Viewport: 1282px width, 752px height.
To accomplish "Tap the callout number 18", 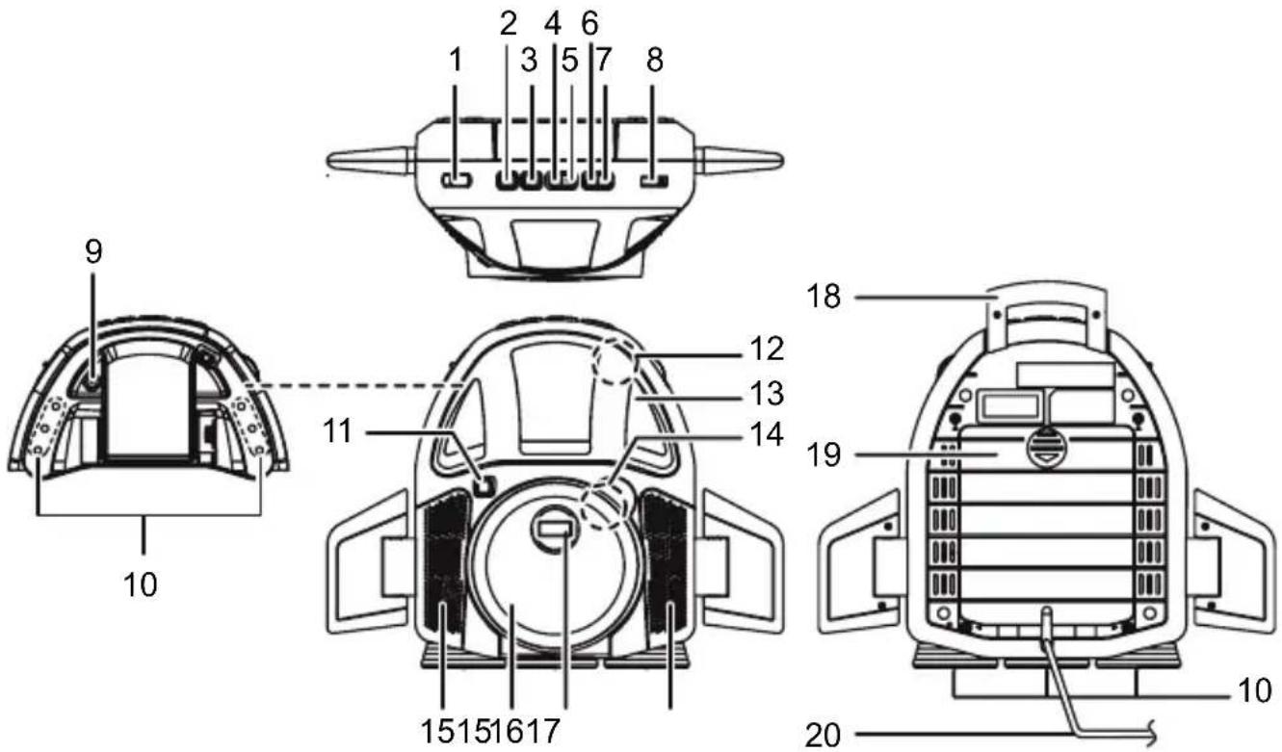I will pyautogui.click(x=824, y=296).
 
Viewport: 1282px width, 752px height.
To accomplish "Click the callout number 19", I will pyautogui.click(x=824, y=454).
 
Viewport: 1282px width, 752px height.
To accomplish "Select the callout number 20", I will pyautogui.click(x=824, y=736).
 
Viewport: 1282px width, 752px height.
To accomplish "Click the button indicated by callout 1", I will pyautogui.click(x=455, y=180).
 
